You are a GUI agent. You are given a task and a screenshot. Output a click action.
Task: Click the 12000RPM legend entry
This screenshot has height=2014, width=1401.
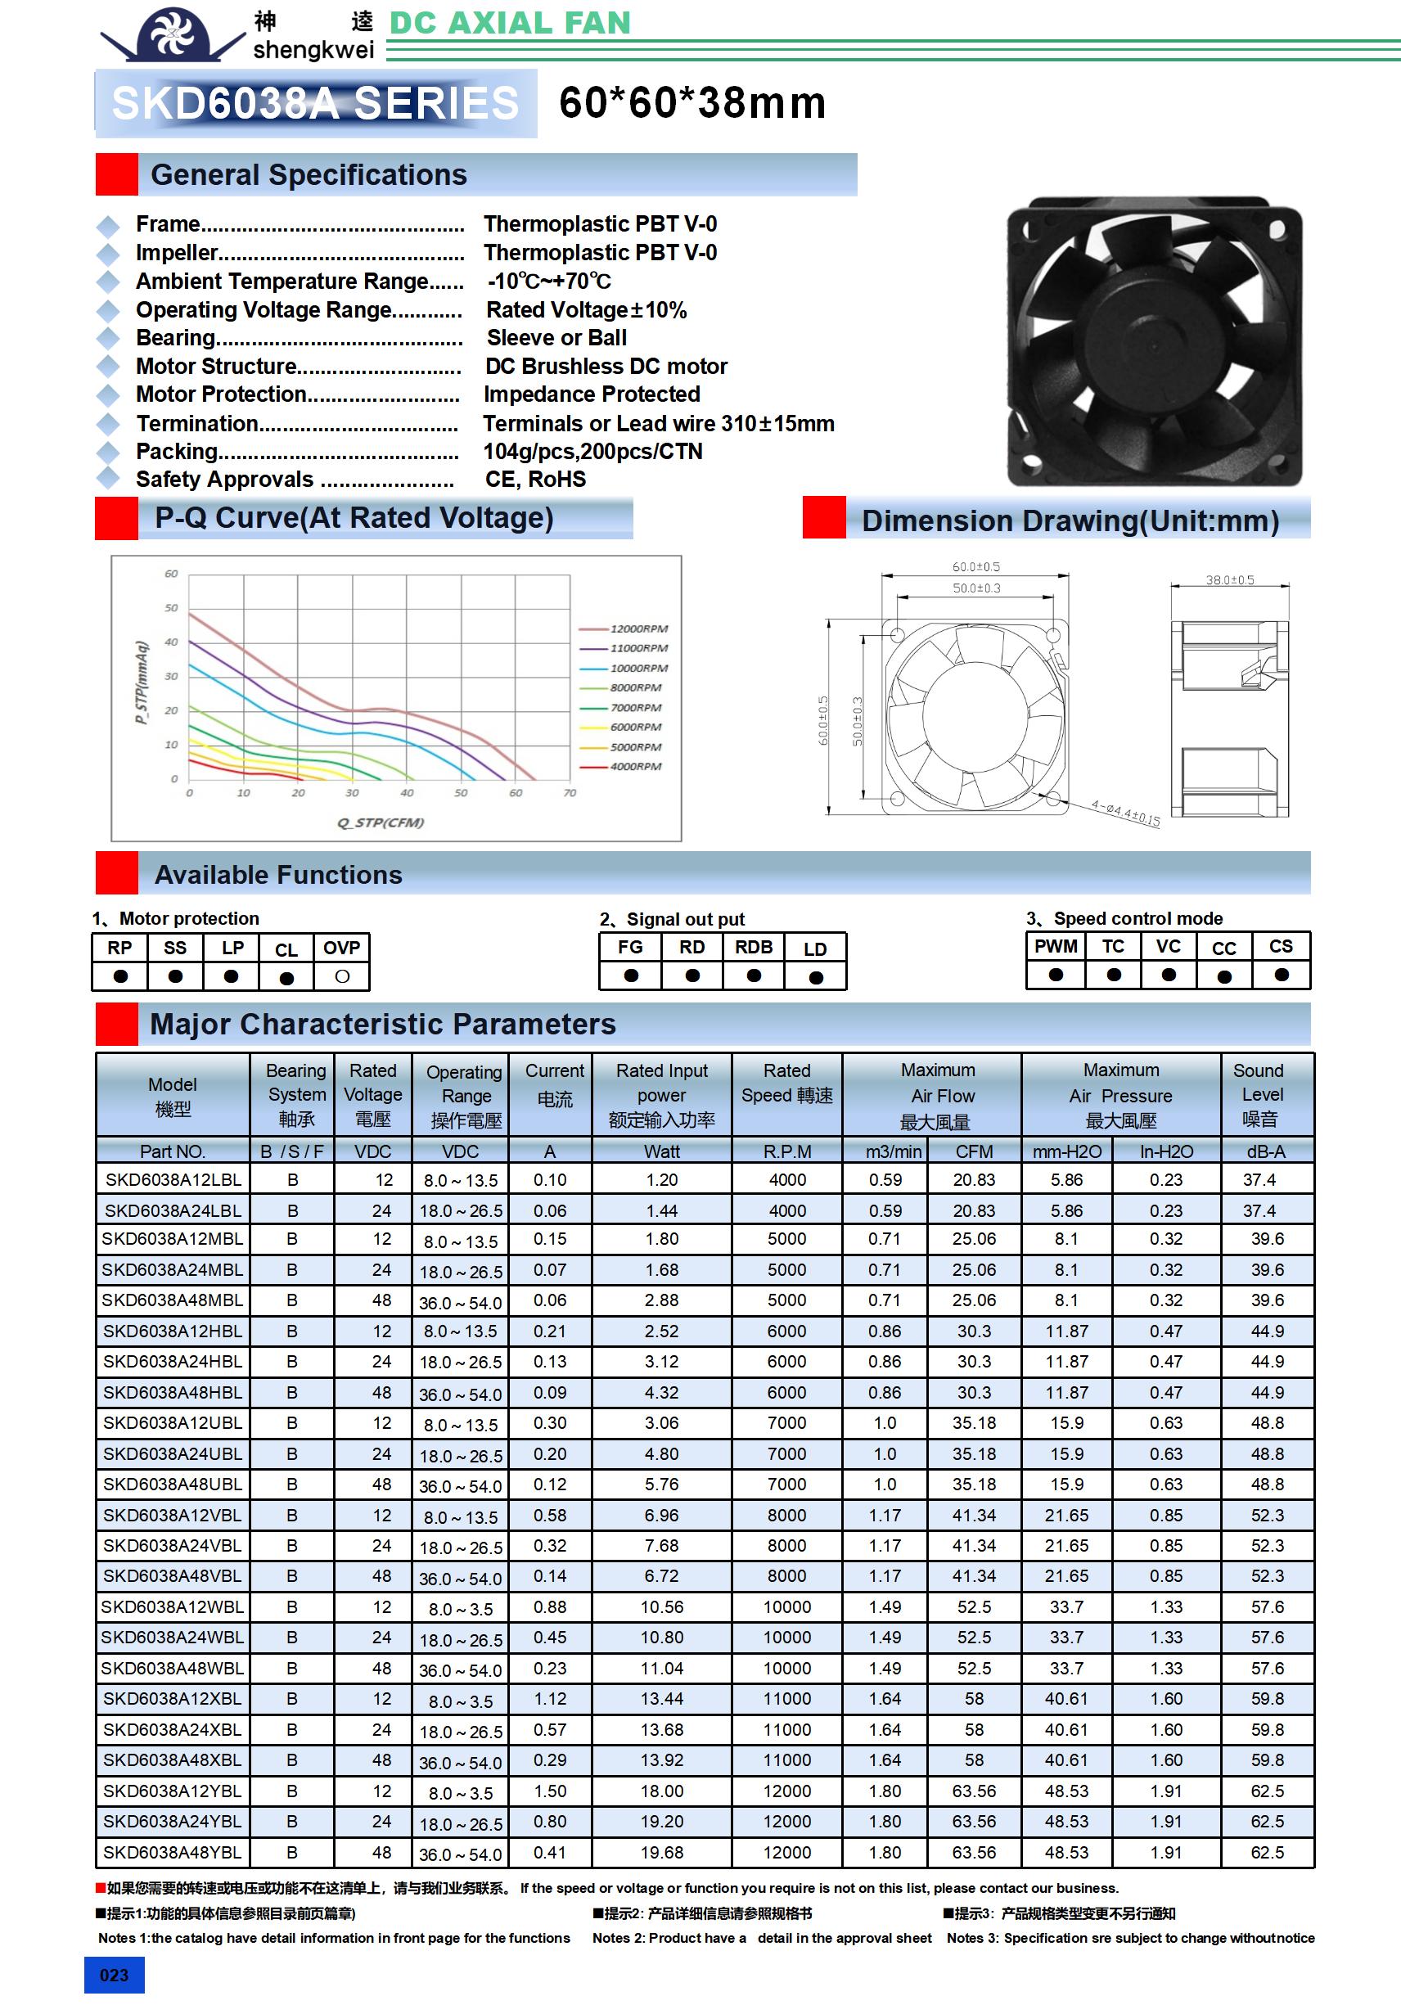[637, 629]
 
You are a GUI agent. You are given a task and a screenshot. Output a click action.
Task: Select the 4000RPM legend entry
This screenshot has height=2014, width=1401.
[635, 767]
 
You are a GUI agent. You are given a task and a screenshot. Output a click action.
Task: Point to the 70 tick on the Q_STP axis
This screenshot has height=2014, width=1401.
[570, 793]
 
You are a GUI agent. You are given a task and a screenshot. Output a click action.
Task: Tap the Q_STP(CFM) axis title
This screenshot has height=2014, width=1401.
[381, 822]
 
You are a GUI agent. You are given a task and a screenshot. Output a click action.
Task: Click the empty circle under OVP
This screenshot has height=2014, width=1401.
[342, 976]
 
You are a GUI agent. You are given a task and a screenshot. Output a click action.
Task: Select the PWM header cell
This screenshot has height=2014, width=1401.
[1056, 947]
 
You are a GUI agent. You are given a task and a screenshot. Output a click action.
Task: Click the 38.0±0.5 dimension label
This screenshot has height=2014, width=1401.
[1229, 580]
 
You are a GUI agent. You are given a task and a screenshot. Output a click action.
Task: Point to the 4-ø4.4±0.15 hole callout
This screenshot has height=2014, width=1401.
[1125, 813]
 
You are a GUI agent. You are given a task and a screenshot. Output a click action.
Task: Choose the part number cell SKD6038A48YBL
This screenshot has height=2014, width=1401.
[172, 1853]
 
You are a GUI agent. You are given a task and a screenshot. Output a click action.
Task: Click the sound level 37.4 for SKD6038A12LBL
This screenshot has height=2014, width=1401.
[1259, 1180]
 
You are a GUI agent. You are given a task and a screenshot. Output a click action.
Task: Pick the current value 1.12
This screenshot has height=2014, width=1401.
[550, 1699]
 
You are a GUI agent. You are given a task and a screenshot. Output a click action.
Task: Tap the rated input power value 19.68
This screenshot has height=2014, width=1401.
[661, 1853]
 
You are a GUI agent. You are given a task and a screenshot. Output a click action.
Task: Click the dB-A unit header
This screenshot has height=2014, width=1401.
[1265, 1151]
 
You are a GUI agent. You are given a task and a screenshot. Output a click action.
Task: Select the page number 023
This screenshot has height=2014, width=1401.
[114, 1975]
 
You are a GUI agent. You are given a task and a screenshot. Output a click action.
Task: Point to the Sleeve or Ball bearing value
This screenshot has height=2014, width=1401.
[556, 338]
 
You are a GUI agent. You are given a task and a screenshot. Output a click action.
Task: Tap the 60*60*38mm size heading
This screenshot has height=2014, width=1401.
[692, 102]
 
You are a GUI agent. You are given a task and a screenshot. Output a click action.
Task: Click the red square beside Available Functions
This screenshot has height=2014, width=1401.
[117, 873]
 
